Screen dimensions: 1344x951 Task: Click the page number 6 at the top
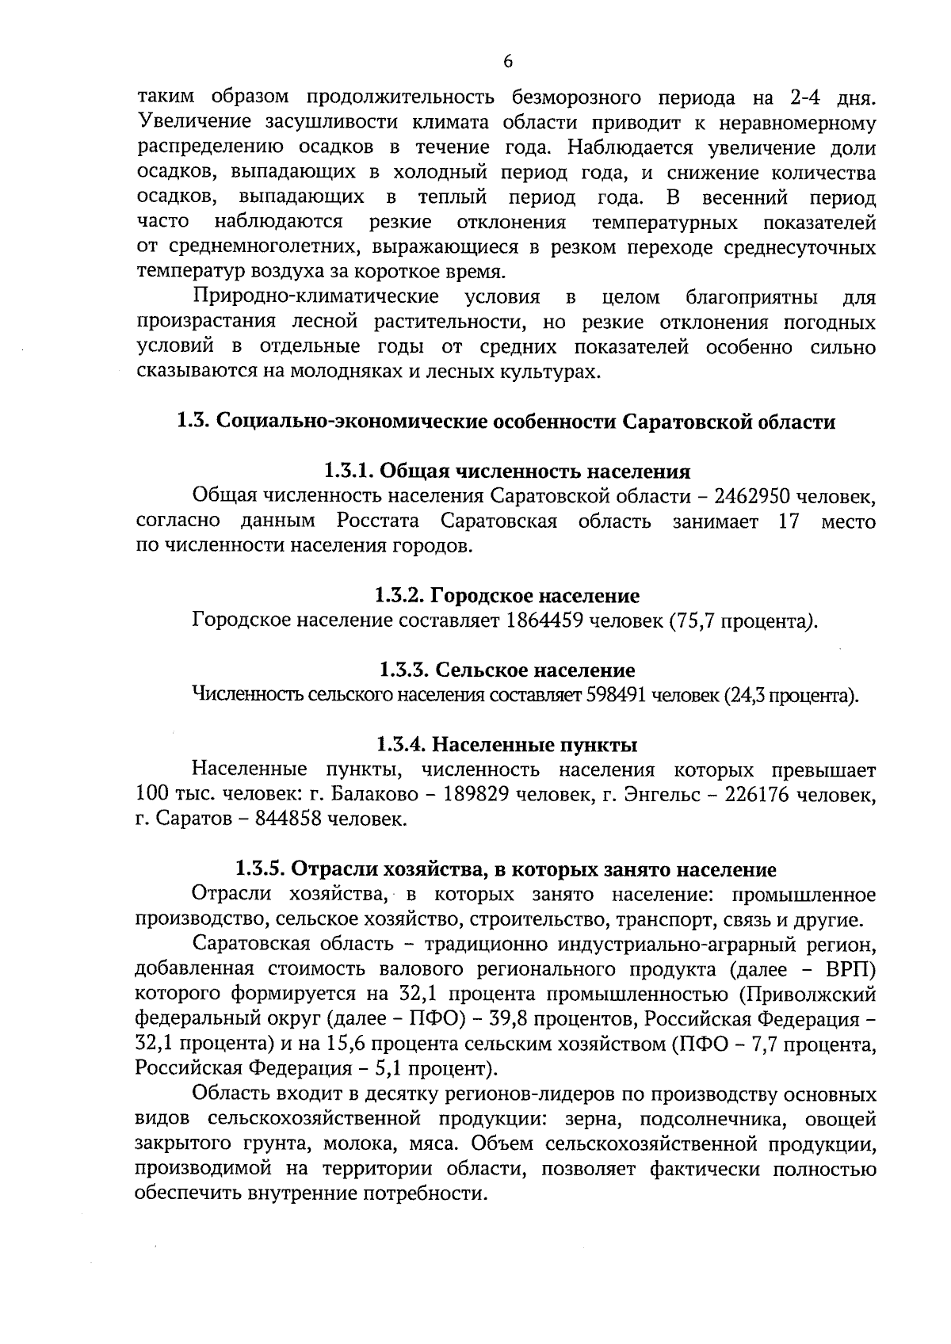(x=507, y=62)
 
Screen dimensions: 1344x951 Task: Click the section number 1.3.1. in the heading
(x=349, y=472)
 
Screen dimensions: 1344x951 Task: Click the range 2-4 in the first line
(x=808, y=98)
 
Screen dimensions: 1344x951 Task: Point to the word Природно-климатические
(x=316, y=298)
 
